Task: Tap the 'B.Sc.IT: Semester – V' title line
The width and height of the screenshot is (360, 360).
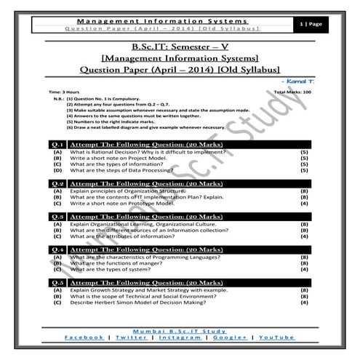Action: tap(180, 47)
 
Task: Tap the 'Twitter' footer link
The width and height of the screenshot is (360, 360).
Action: tap(130, 338)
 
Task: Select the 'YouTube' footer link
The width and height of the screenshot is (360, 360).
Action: tap(276, 338)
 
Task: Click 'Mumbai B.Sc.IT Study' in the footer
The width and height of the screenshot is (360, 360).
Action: tap(180, 331)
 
